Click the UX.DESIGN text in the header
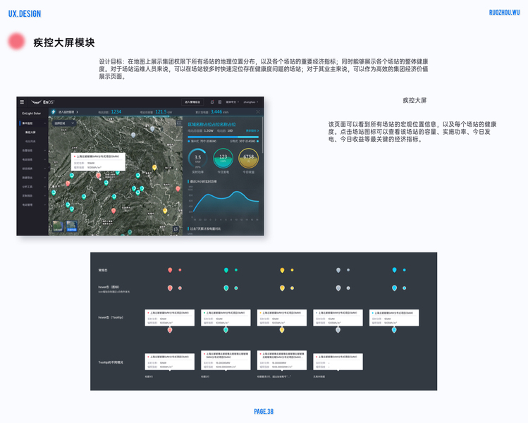24,14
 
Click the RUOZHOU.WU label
504,13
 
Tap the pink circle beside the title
17,42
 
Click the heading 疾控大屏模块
63,43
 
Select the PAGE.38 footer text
264,412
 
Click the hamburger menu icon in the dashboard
22,102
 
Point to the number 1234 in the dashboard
116,111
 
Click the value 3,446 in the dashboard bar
219,111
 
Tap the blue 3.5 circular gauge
198,157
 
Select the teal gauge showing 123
223,157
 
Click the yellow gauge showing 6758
248,157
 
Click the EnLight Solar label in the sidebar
32,113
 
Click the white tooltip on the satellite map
97,161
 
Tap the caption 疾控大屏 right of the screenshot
415,100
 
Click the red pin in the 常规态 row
170,270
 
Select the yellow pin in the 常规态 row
282,270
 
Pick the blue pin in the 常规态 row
394,270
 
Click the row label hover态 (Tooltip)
111,317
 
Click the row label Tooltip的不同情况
111,362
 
